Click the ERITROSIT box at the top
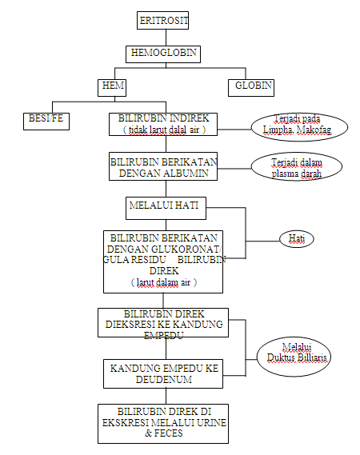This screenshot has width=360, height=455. click(x=164, y=21)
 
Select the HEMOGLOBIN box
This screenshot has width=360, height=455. click(x=163, y=54)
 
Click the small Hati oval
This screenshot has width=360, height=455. click(x=296, y=238)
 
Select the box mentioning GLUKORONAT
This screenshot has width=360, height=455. click(x=164, y=261)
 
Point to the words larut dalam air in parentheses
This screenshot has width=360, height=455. click(x=164, y=282)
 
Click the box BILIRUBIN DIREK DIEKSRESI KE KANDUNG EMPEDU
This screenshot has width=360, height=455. click(x=162, y=325)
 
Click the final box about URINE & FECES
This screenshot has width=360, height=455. click(x=162, y=422)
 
